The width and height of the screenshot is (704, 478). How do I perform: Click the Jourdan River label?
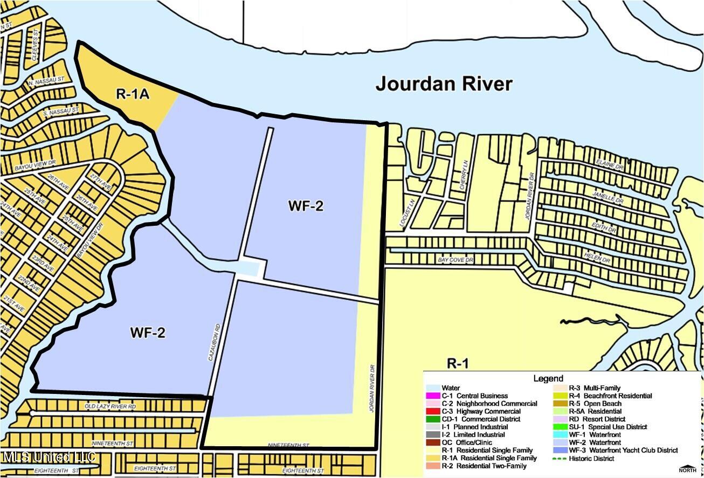point(444,84)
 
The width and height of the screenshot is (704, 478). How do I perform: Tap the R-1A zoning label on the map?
point(132,94)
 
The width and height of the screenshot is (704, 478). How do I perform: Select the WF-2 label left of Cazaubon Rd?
point(147,333)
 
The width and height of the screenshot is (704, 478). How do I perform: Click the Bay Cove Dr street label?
point(455,260)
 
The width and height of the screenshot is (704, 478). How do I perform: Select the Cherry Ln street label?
point(463,174)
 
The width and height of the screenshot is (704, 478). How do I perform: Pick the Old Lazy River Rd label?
point(111,406)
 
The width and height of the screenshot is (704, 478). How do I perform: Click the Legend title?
point(548,379)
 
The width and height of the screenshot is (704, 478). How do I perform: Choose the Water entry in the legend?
point(451,388)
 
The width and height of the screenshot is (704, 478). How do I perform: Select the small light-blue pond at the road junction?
point(251,268)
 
